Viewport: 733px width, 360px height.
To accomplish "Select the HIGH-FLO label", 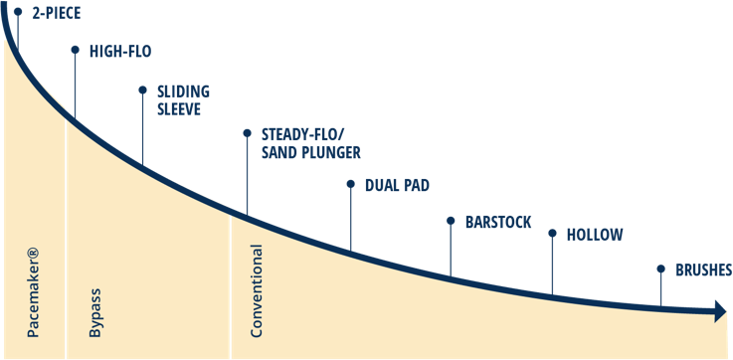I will [x=120, y=51].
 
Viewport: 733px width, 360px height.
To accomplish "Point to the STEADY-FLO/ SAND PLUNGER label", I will [x=310, y=143].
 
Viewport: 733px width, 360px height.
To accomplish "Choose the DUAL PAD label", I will [x=397, y=185].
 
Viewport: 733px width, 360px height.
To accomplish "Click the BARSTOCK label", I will [x=499, y=221].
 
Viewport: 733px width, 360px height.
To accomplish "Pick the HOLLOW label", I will [x=595, y=235].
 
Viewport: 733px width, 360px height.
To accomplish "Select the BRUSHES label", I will [x=704, y=270].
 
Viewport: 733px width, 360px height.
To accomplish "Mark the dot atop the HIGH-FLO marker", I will [x=75, y=49].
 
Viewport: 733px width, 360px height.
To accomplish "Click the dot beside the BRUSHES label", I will [x=659, y=269].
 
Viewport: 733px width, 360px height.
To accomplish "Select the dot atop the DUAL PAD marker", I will [x=350, y=184].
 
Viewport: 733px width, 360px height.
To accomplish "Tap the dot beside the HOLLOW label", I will [x=552, y=234].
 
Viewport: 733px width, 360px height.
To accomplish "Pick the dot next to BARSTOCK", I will [x=451, y=220].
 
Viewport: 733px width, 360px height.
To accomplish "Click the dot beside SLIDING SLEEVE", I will [x=142, y=89].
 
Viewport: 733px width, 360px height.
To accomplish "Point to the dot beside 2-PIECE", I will [x=17, y=12].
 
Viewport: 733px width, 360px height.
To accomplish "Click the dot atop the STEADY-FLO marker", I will [x=247, y=132].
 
